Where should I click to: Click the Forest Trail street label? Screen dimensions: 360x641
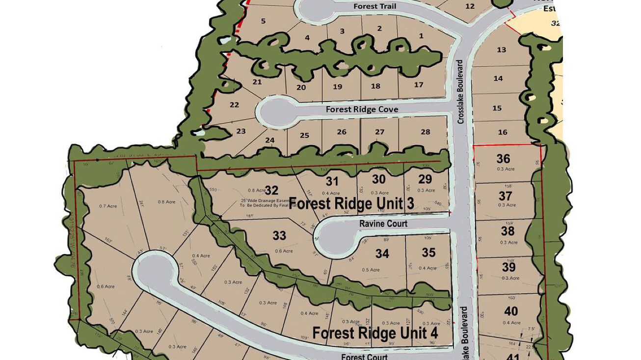[x=374, y=6]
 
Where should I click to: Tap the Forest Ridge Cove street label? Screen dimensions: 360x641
[x=362, y=109]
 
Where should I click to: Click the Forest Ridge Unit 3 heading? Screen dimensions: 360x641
[x=351, y=203]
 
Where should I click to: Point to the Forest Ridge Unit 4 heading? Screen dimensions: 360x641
[x=375, y=333]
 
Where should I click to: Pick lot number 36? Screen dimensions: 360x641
[x=503, y=159]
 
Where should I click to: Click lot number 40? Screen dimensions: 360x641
[x=511, y=311]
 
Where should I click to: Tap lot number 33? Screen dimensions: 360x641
[x=279, y=236]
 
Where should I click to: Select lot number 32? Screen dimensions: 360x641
[x=271, y=190]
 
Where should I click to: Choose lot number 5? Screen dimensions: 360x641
[x=264, y=21]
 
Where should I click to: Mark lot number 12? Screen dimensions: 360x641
[x=470, y=6]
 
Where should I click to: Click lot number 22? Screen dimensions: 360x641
[x=234, y=105]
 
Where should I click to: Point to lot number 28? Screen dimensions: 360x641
[x=425, y=132]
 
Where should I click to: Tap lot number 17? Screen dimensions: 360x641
[x=419, y=85]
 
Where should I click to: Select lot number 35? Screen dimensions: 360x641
[x=428, y=253]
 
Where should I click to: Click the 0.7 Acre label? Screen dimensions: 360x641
[x=107, y=206]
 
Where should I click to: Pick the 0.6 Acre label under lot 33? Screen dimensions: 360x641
[x=284, y=251]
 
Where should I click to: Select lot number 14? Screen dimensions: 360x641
[x=498, y=78]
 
